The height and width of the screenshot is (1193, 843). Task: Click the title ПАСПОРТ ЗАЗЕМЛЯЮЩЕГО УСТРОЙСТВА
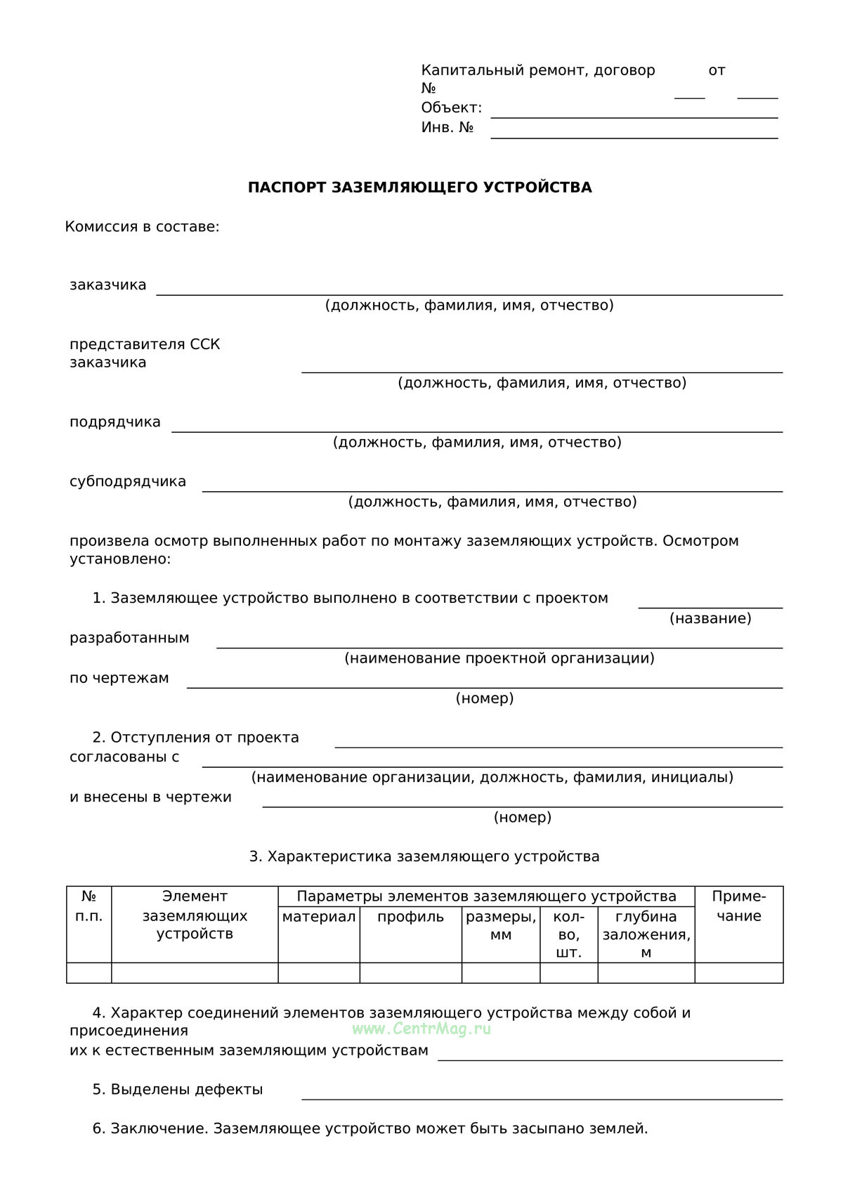tap(419, 188)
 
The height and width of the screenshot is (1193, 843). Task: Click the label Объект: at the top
tap(451, 108)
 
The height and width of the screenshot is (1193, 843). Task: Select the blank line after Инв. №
tap(634, 136)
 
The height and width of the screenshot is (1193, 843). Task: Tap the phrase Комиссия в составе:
tap(142, 227)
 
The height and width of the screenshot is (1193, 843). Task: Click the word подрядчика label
tap(115, 422)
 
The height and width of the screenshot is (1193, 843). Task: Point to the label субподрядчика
tap(128, 482)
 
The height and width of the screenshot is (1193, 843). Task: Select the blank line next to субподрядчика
tap(492, 490)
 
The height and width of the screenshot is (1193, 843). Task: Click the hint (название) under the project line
tap(710, 618)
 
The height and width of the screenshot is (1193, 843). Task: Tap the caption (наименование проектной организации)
tap(499, 658)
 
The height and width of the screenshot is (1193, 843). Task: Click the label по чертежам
tap(119, 678)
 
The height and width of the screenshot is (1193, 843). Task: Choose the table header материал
tap(319, 917)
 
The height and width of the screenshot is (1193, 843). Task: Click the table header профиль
tap(410, 917)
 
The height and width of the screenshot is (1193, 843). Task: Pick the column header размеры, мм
tap(501, 925)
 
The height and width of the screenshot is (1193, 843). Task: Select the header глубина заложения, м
tap(646, 934)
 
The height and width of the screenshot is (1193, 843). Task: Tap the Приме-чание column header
tap(738, 906)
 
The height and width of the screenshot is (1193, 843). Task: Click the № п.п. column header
tap(89, 906)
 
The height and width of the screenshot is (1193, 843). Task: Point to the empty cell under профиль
tap(410, 972)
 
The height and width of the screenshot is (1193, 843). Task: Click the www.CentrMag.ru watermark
tap(421, 1029)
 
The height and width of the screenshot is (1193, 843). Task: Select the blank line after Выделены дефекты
tap(541, 1097)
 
